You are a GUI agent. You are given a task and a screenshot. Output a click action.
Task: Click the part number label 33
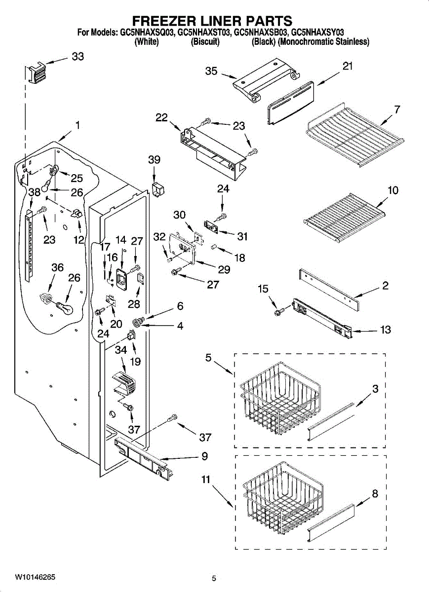[x=78, y=57]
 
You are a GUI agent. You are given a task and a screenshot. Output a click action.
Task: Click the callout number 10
[x=393, y=190]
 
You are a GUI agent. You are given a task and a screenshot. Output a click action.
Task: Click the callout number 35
[x=211, y=71]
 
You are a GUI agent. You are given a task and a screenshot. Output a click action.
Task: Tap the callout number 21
[x=348, y=66]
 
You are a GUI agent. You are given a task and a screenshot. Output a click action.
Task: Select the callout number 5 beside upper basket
[x=209, y=358]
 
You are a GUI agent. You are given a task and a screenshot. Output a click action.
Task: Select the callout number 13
[x=385, y=330]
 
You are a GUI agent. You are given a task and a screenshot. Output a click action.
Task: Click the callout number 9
[x=204, y=456]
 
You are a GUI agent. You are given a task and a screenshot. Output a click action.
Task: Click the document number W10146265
[x=35, y=577]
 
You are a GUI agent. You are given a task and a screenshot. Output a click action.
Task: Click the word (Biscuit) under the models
[x=205, y=42]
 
